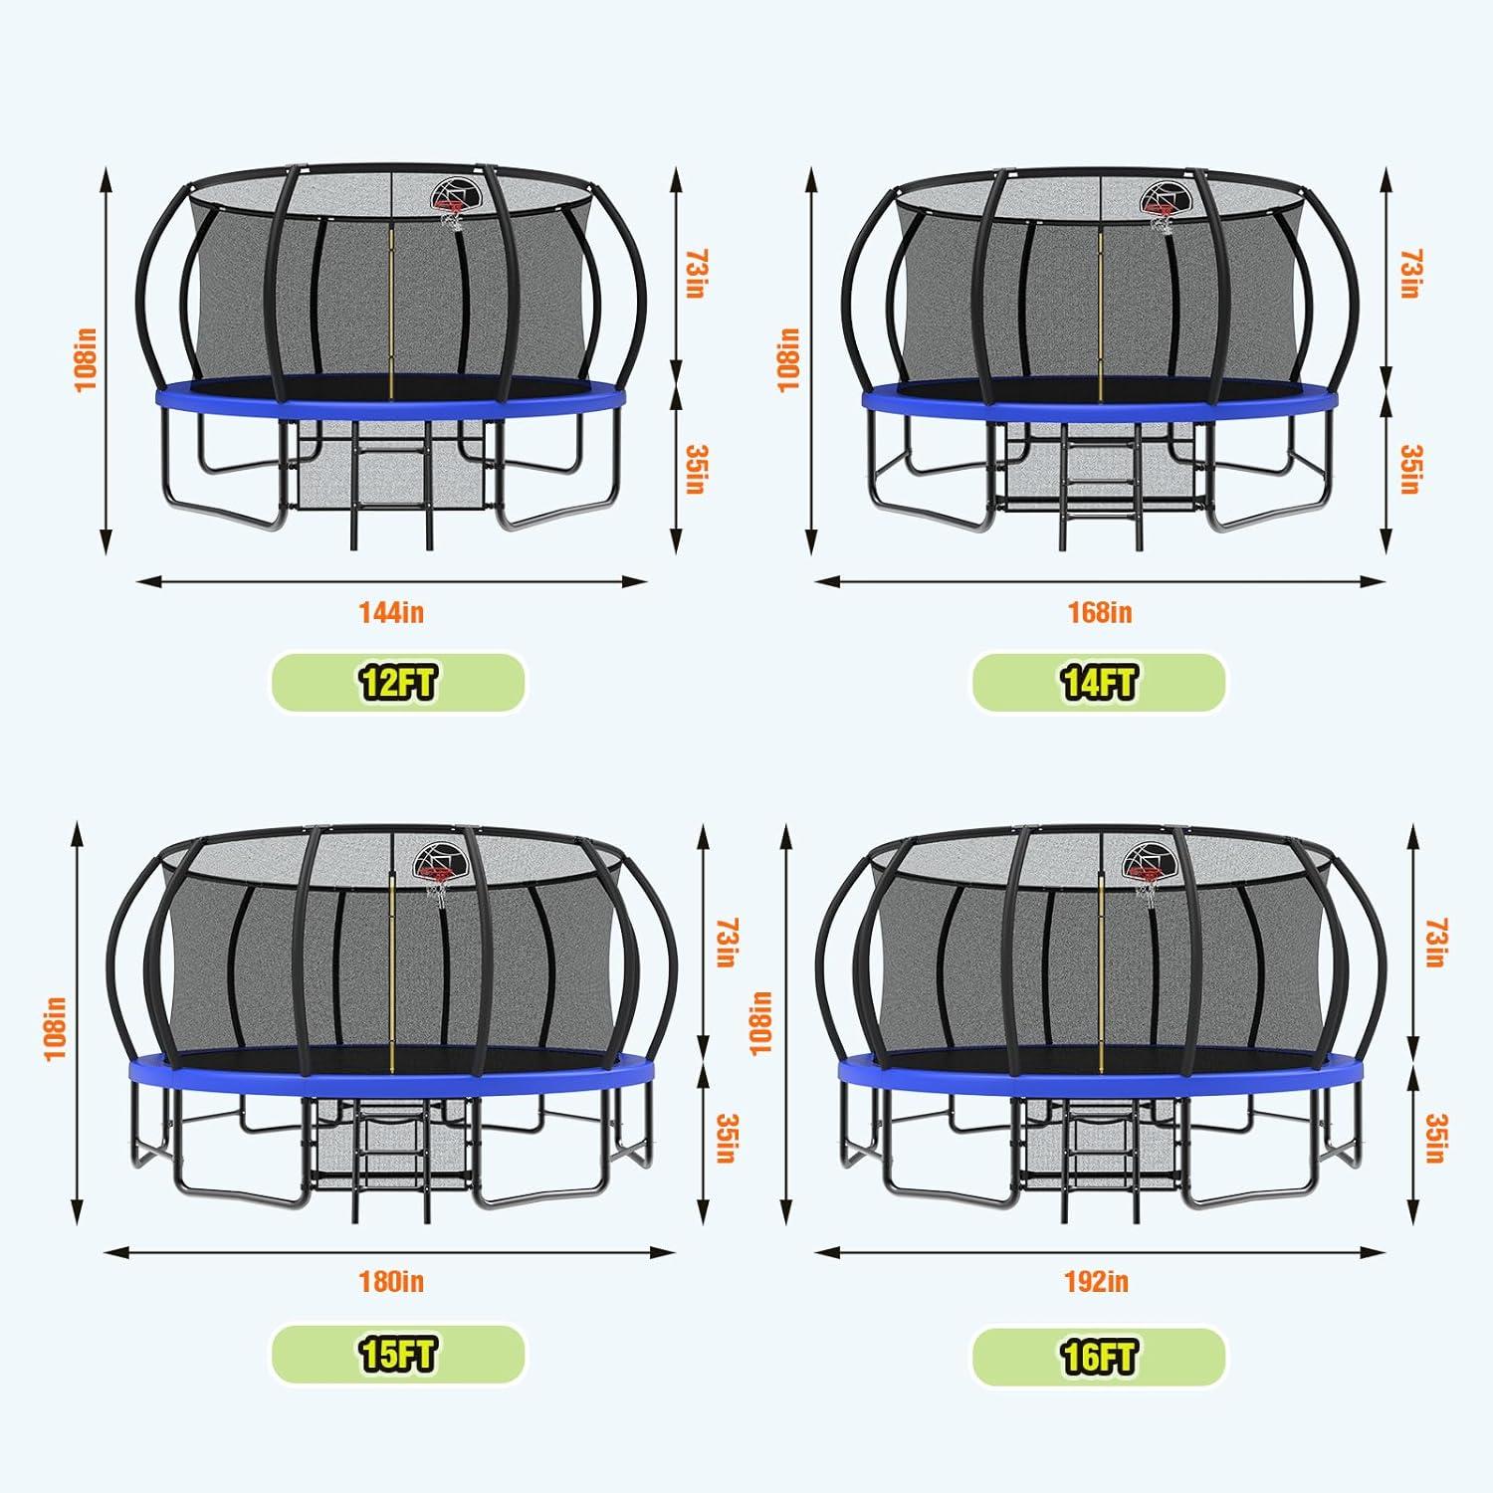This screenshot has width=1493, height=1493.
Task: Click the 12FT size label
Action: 398,683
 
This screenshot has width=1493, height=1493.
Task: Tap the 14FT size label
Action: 1099,683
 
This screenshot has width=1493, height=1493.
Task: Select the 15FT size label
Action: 398,1355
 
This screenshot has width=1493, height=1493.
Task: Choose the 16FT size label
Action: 1099,1355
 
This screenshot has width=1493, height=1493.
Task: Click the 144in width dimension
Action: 391,612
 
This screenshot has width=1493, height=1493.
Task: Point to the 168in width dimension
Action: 1099,612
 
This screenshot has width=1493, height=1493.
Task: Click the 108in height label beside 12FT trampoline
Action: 87,359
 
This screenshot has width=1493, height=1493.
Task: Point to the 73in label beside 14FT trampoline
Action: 1407,274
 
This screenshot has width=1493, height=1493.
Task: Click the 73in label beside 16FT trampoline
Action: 1433,944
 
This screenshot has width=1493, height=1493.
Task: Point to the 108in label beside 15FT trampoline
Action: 56,1028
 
